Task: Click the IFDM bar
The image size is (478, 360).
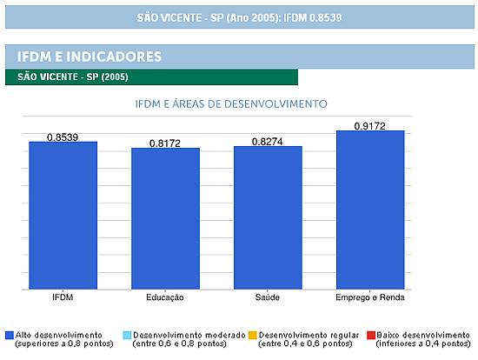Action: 63,215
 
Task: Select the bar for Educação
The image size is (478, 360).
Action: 165,218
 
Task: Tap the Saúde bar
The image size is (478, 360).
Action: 268,217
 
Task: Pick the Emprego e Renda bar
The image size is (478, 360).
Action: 370,210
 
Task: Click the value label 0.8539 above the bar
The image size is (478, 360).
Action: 63,137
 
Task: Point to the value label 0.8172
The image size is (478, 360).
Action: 165,143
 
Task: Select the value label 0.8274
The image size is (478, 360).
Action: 268,142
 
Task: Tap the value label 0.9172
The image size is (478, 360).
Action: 369,126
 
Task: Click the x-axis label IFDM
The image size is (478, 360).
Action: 63,297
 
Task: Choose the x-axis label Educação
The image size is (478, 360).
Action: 165,297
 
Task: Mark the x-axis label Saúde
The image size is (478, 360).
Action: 268,297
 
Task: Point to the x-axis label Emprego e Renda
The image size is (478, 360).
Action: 370,297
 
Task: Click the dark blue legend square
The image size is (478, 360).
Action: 10,336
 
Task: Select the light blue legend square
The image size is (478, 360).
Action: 127,336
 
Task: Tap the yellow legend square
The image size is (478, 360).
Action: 253,336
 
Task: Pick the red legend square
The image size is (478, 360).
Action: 371,336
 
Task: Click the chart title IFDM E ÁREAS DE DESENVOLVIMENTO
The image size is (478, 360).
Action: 231,104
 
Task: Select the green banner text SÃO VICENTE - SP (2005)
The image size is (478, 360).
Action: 73,77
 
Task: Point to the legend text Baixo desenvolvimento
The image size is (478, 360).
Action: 423,335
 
